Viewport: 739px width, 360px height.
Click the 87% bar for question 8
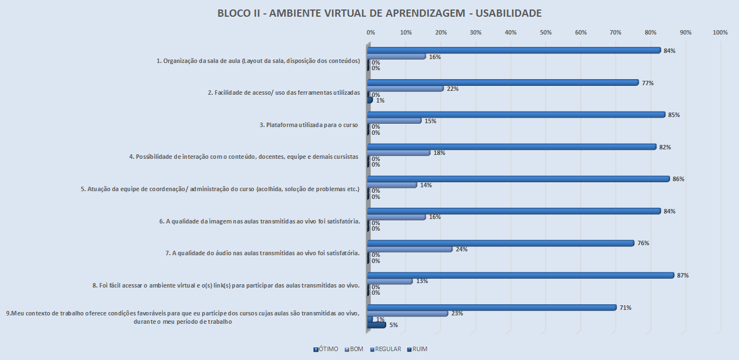click(521, 275)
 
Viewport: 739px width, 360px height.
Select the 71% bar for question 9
click(492, 308)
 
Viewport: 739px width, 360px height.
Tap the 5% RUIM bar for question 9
click(377, 325)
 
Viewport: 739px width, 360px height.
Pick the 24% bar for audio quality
click(410, 249)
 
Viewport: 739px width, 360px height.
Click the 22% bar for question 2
click(406, 89)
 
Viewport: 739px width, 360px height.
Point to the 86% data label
click(678, 179)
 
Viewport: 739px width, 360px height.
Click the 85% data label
click(674, 115)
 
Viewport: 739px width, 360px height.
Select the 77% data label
click(648, 83)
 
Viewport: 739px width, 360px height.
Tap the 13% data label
click(422, 281)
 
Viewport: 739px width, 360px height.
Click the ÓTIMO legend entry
click(326, 349)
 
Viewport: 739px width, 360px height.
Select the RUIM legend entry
click(417, 349)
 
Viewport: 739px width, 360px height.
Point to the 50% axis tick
click(546, 33)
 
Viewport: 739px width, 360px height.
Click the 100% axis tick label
click(720, 33)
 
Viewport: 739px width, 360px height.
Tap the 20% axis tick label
click(441, 33)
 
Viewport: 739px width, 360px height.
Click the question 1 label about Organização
click(258, 61)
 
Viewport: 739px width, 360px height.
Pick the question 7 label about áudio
click(262, 253)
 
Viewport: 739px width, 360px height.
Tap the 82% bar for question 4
click(512, 147)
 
